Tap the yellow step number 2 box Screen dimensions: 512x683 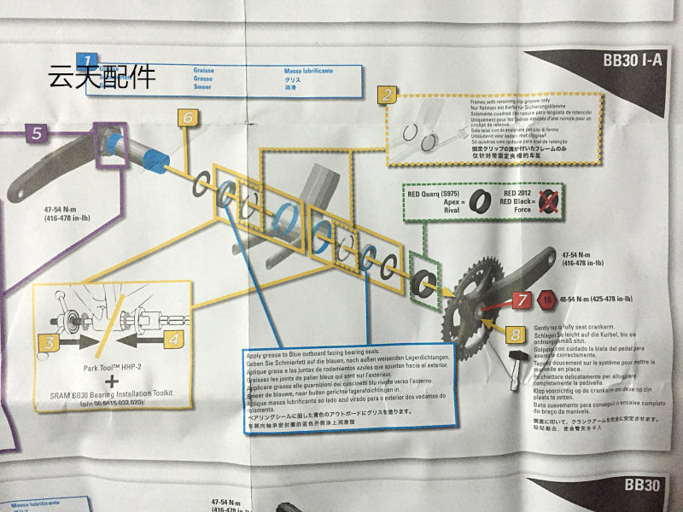388,95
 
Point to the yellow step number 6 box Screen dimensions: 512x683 190,118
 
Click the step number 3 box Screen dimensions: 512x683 50,342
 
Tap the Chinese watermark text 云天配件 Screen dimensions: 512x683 103,78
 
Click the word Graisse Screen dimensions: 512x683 204,70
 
